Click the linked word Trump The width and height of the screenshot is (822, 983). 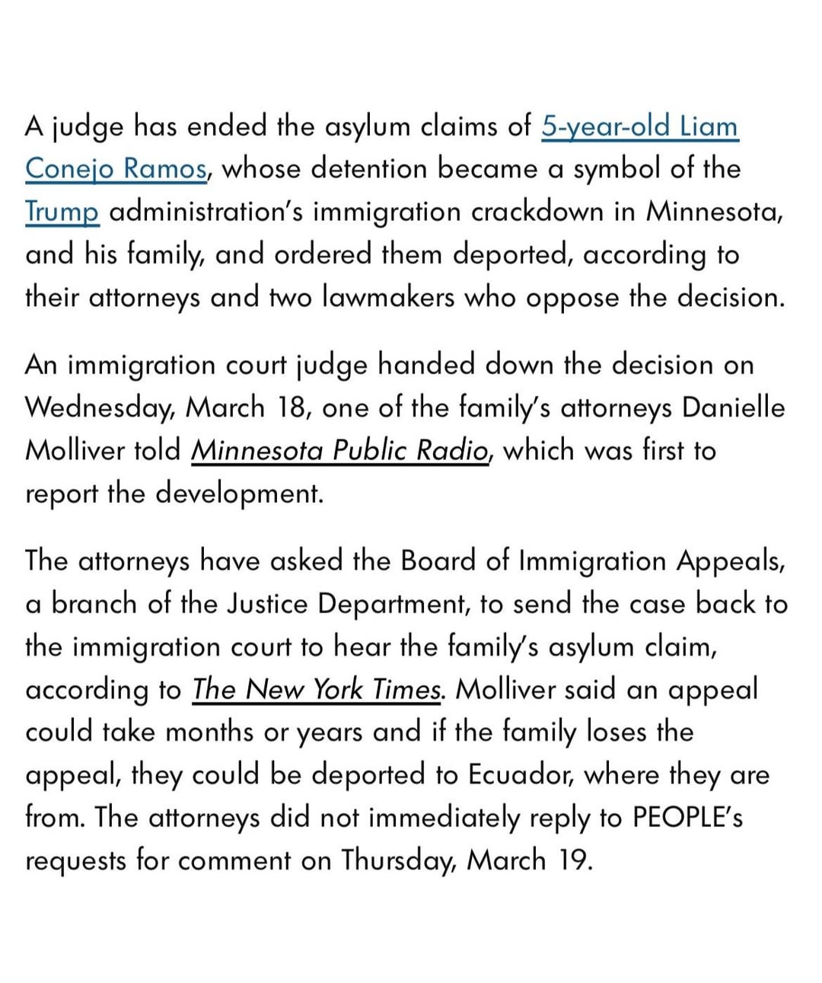62,211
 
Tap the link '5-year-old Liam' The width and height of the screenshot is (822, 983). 639,126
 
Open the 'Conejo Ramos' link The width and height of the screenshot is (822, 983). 116,168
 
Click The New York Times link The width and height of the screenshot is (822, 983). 317,689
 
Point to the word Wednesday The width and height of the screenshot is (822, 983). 100,408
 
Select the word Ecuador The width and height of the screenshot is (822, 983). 515,774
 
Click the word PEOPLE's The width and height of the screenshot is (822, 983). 687,817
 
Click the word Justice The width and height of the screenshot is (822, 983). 266,604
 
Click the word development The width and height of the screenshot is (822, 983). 241,493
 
